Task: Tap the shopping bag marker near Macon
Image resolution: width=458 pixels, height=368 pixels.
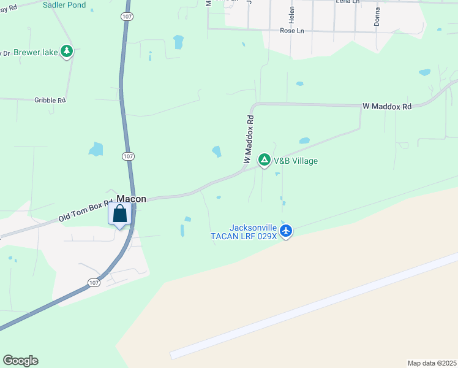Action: click(120, 215)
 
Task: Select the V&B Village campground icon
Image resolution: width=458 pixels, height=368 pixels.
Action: click(264, 160)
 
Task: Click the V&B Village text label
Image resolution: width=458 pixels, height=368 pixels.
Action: click(296, 161)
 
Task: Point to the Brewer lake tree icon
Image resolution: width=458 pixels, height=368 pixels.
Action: click(67, 52)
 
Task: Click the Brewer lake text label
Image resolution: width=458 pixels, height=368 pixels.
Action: click(36, 52)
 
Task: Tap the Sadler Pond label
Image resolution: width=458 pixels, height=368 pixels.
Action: click(64, 5)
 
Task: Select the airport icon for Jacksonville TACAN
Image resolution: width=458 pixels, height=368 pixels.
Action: click(286, 231)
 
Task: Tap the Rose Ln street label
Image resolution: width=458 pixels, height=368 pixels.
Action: click(292, 30)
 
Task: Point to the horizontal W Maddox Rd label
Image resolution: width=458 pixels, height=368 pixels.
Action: click(387, 106)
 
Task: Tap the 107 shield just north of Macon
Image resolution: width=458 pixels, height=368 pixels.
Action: click(127, 156)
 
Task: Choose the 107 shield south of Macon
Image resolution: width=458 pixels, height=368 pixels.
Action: click(92, 283)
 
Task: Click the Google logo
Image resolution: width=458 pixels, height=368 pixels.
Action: click(20, 361)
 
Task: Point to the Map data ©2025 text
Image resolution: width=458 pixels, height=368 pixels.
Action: click(432, 363)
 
